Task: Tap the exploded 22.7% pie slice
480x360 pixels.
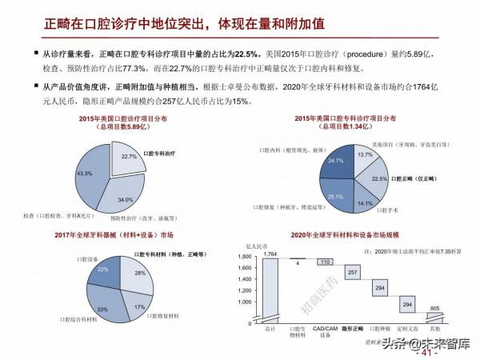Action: tap(130, 157)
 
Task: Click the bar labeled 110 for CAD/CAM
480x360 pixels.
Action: tap(326, 262)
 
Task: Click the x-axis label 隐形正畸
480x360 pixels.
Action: tap(353, 328)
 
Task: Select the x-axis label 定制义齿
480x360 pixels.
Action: tap(407, 328)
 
